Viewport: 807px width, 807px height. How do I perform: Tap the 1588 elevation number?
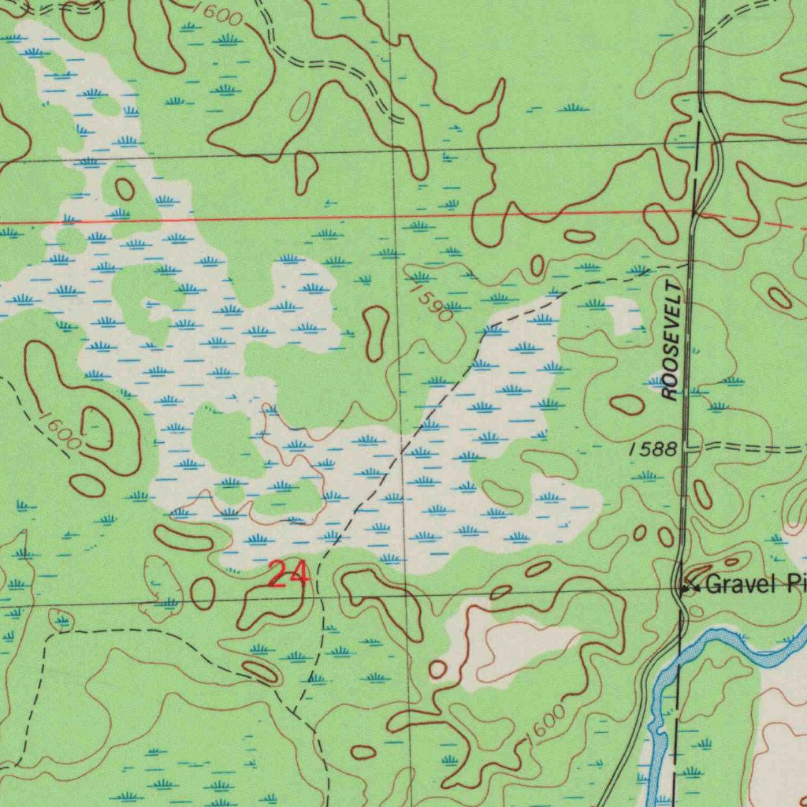(x=653, y=450)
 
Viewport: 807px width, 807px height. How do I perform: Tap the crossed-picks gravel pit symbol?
(x=690, y=586)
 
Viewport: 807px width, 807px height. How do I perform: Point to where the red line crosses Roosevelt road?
(x=695, y=214)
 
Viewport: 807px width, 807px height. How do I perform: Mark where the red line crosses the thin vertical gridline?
(x=394, y=216)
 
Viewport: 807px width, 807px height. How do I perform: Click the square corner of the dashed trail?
(x=46, y=634)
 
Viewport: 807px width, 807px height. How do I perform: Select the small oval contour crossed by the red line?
(x=660, y=221)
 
